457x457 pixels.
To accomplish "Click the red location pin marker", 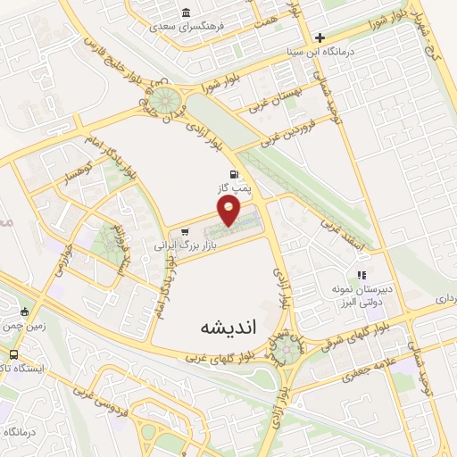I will point(229,209).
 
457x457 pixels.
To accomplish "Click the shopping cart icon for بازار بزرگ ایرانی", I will point(184,230).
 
